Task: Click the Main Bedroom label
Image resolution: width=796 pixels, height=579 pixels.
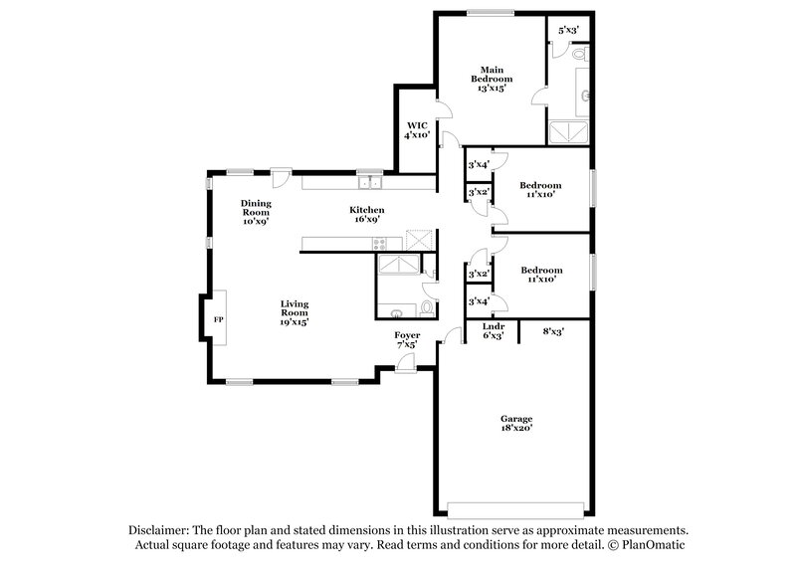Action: [491, 78]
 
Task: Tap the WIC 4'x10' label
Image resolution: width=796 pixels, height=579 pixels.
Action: [416, 131]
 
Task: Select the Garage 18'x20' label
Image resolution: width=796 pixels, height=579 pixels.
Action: [515, 424]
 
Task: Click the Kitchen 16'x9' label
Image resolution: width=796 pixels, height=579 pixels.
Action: [366, 215]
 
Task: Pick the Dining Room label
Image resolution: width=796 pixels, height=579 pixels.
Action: [256, 212]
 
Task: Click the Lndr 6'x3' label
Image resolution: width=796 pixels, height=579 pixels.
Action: [494, 331]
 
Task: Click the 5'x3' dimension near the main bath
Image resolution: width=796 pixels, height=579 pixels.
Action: [569, 30]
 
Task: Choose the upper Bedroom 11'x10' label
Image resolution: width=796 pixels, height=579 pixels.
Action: [540, 189]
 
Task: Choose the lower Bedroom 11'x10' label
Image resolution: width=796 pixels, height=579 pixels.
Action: [541, 275]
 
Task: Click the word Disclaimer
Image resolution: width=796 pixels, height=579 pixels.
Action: [160, 531]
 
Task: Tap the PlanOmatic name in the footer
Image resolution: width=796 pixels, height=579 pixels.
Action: [653, 546]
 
